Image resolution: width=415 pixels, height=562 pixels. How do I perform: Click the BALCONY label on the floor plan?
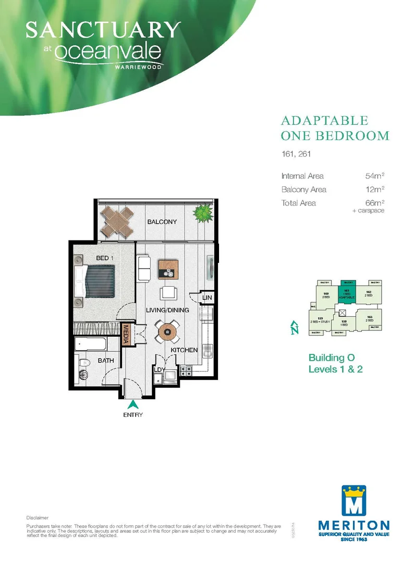pos(162,222)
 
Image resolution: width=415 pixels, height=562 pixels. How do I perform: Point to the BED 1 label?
pos(106,258)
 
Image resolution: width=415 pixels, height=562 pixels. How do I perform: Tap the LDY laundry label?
pos(158,370)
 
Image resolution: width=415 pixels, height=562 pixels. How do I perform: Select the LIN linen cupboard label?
pos(207,298)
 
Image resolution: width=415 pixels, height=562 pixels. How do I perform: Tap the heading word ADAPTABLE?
pos(324,121)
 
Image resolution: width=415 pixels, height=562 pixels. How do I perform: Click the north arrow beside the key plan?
pos(295,328)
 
